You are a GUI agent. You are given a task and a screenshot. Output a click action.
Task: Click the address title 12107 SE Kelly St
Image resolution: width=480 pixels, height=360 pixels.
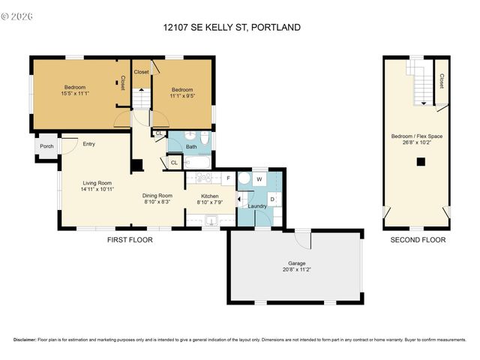(x=232, y=28)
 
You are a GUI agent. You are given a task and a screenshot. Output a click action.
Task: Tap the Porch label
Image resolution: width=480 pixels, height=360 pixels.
(x=46, y=146)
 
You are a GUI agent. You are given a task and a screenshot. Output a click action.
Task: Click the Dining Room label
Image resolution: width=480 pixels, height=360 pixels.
(x=157, y=196)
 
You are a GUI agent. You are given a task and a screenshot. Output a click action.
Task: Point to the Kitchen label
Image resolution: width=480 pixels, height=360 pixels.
(x=209, y=196)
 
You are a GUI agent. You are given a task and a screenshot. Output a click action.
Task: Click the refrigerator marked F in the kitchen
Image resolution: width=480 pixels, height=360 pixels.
(x=227, y=178)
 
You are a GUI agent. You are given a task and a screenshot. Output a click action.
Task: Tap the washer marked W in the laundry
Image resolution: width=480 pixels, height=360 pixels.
(x=259, y=179)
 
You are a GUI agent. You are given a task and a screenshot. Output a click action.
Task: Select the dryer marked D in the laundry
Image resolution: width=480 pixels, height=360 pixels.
(x=272, y=199)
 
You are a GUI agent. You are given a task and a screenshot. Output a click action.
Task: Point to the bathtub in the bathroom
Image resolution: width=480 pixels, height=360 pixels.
(x=197, y=161)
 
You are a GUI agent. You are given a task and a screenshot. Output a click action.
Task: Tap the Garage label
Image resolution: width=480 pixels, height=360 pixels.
(x=297, y=263)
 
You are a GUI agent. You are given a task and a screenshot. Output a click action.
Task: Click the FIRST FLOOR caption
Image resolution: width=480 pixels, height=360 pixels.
(x=130, y=240)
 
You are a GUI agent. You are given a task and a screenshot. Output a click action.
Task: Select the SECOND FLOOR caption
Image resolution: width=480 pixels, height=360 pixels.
(x=418, y=240)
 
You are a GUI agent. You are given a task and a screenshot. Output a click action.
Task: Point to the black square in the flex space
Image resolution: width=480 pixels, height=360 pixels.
(x=421, y=161)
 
